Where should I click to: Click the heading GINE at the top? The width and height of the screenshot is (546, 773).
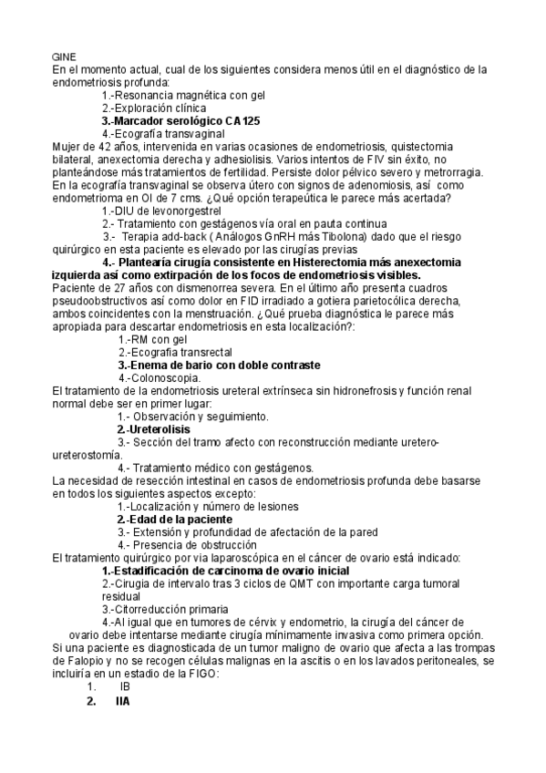coord(64,57)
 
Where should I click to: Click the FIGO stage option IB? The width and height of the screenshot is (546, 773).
coord(125,685)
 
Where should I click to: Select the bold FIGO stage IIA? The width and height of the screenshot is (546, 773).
coord(122,702)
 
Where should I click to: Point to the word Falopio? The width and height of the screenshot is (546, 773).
coord(74,660)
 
